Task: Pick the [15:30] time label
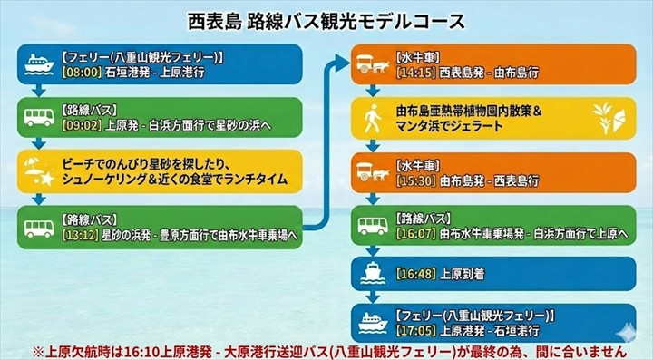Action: [413, 180]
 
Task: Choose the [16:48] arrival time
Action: [413, 273]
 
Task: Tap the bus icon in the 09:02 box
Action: [38, 118]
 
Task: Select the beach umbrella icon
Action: [38, 170]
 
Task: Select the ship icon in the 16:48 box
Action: [372, 272]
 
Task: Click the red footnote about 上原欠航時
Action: [327, 350]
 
